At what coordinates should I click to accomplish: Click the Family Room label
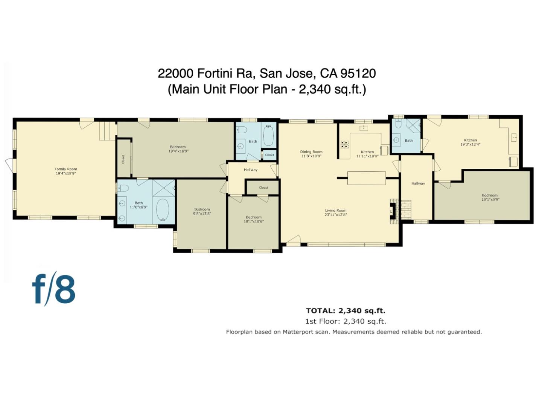66,169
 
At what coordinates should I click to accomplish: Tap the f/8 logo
53,289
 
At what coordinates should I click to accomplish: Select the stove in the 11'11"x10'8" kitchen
345,144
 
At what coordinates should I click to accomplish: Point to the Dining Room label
311,152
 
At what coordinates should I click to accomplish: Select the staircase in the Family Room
107,131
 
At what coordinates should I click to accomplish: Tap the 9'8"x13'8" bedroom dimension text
202,213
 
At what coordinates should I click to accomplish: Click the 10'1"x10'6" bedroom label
253,217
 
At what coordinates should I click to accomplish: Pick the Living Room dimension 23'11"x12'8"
336,215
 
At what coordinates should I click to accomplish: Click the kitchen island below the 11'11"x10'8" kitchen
366,178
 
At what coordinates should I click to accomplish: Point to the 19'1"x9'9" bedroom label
490,195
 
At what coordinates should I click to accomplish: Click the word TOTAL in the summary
320,311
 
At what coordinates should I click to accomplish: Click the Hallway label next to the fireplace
418,183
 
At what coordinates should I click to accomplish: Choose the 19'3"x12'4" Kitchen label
470,140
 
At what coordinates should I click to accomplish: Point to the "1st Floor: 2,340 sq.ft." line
345,321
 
